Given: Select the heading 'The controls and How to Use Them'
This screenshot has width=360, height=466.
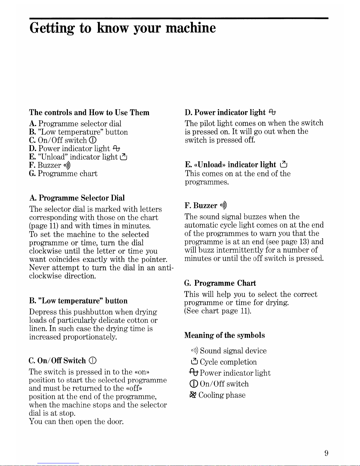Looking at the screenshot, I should point(89,113).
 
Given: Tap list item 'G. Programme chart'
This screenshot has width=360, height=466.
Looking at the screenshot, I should point(63,173).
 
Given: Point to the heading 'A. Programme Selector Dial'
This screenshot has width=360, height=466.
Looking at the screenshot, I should point(77,198).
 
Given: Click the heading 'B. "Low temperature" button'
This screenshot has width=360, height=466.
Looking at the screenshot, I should point(78,301).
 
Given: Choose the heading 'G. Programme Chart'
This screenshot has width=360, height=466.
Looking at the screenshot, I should point(220,283).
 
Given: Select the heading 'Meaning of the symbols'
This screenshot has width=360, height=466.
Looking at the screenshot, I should point(225,335).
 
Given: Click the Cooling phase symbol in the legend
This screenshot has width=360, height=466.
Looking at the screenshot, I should point(193,395).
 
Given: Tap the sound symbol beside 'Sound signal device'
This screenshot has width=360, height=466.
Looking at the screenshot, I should point(195,351).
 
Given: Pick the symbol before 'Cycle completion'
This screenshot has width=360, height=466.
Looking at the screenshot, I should point(194,362).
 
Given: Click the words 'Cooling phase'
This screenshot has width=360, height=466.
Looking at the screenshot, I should point(222,395).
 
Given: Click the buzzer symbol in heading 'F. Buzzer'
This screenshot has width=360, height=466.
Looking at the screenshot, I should point(223,205).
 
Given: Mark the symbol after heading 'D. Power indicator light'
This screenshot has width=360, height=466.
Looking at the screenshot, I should point(272,112).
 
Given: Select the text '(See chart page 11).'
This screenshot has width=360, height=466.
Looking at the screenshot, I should point(217,311).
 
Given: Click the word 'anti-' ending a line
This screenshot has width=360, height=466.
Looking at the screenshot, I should point(166,268).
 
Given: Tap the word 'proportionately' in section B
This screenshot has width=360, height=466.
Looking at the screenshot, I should point(90,337).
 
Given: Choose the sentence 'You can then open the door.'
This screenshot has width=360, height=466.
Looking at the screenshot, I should point(76,422).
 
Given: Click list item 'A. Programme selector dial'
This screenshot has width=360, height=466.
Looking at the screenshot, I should point(75,123).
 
